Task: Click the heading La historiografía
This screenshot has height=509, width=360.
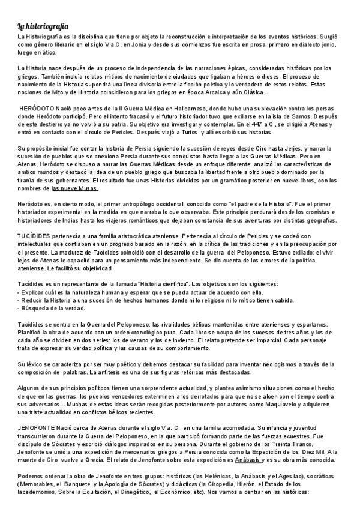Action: [x=42, y=26]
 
